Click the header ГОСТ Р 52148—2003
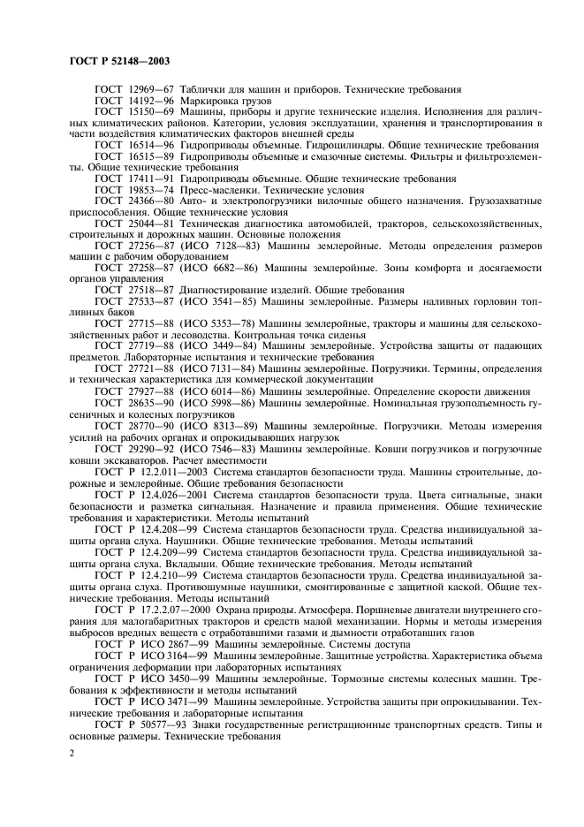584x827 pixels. (119, 62)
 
